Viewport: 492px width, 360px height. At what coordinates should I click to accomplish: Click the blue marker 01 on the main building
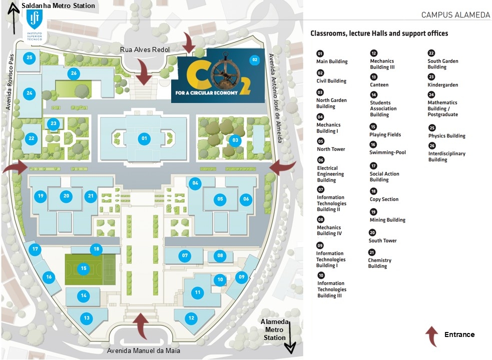[144, 137]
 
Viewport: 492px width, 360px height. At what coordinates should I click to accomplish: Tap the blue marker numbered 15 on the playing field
[84, 268]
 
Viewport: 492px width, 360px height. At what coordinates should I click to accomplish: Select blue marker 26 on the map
[74, 73]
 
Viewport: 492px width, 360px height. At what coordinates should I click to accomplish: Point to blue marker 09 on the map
[241, 276]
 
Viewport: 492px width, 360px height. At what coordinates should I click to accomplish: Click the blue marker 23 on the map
[54, 123]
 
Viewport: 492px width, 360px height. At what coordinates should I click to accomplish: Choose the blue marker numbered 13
[87, 318]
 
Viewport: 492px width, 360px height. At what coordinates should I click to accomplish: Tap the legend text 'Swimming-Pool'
[387, 152]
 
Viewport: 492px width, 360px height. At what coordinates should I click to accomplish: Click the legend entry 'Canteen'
[379, 85]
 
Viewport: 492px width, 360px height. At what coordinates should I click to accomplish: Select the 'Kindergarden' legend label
[442, 85]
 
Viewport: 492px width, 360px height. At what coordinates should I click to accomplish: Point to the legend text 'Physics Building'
[446, 136]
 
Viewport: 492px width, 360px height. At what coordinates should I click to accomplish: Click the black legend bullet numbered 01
[320, 53]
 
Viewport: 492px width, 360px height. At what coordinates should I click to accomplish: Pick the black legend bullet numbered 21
[372, 252]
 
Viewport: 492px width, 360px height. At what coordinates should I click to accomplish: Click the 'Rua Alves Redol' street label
[145, 49]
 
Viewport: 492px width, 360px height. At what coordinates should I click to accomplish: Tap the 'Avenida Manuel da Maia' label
[144, 350]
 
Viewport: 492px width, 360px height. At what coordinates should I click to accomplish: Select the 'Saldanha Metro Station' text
[58, 6]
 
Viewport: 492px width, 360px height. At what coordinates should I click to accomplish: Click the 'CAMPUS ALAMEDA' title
[455, 15]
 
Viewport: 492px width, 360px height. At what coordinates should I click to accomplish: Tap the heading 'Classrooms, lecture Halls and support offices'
[379, 33]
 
